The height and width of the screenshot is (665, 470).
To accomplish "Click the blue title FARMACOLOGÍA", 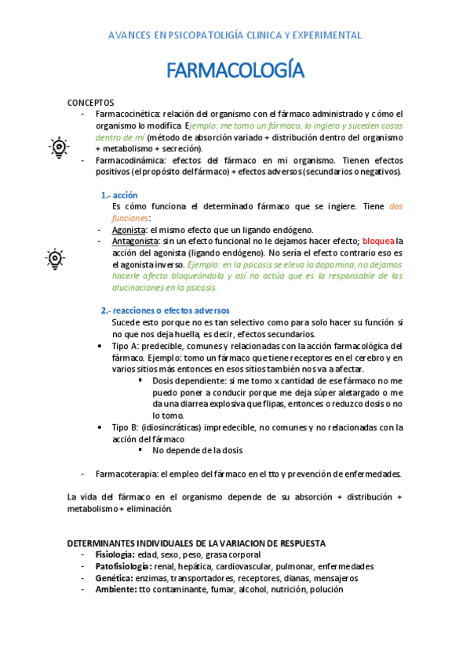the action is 235,71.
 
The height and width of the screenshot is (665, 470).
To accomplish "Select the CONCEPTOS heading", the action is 90,103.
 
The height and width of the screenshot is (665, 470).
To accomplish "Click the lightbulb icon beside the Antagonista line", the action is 54,258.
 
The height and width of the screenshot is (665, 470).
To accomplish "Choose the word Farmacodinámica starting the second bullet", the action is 129,160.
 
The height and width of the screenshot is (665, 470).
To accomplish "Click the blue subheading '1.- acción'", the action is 119,195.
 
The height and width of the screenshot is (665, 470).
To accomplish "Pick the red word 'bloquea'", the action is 378,242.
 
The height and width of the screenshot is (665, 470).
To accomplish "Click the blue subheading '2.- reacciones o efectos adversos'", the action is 165,311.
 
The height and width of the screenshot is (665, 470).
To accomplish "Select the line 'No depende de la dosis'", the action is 198,450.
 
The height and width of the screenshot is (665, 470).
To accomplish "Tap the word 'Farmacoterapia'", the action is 126,474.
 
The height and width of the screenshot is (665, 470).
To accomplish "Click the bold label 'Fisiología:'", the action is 114,554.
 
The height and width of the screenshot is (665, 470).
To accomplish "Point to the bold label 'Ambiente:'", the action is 116,590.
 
